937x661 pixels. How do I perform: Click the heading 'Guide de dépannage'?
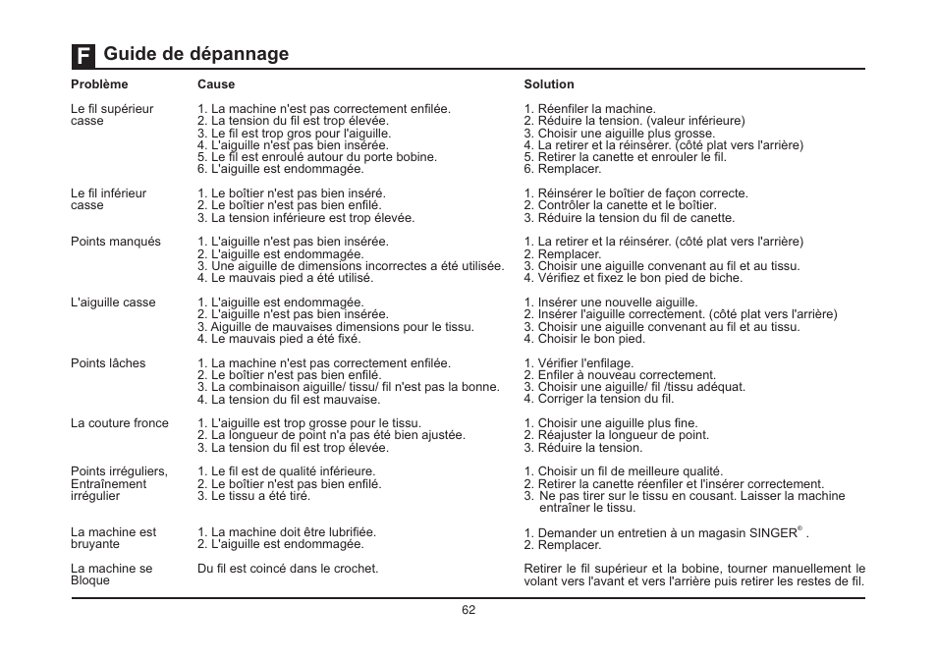196,54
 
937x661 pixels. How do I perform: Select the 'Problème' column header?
99,84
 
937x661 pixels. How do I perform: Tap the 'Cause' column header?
216,84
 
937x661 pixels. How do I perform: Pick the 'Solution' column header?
549,84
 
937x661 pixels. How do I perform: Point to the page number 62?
468,610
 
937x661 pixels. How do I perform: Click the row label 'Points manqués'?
116,242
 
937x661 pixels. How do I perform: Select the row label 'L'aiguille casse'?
113,303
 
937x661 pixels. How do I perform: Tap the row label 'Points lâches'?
108,363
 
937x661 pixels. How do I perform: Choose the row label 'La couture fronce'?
120,423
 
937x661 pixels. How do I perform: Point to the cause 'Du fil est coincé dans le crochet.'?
288,569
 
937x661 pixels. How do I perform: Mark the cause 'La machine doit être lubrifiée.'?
294,532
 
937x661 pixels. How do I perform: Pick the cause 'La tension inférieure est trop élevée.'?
312,218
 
